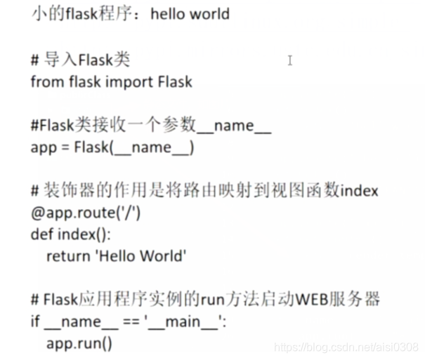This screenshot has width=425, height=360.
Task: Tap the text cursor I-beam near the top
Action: [x=289, y=60]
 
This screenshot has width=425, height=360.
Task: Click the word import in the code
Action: [x=129, y=81]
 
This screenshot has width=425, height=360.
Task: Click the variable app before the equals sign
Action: [x=43, y=148]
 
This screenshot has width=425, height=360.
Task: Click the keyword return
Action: [x=67, y=256]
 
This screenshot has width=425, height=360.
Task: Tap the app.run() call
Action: [x=79, y=343]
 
